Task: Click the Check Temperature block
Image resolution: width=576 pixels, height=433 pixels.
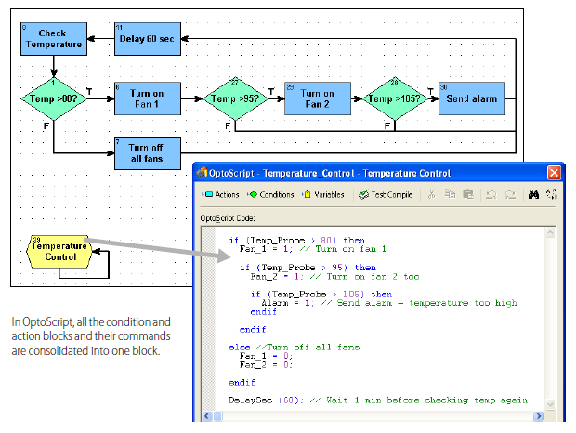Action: pyautogui.click(x=53, y=38)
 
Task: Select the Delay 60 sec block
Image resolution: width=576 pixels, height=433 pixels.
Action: pyautogui.click(x=146, y=39)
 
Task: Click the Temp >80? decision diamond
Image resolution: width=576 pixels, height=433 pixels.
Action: pyautogui.click(x=53, y=98)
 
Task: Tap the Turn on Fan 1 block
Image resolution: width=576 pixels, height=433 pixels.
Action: pyautogui.click(x=146, y=98)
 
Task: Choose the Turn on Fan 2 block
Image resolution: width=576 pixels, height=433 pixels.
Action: pyautogui.click(x=316, y=98)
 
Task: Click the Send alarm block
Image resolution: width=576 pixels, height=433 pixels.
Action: pyautogui.click(x=471, y=98)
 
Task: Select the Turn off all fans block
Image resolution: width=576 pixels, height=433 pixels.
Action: pyautogui.click(x=146, y=153)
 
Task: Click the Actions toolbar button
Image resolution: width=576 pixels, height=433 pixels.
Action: pyautogui.click(x=221, y=194)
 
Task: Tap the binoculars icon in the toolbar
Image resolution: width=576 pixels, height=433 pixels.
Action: pyautogui.click(x=533, y=194)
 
